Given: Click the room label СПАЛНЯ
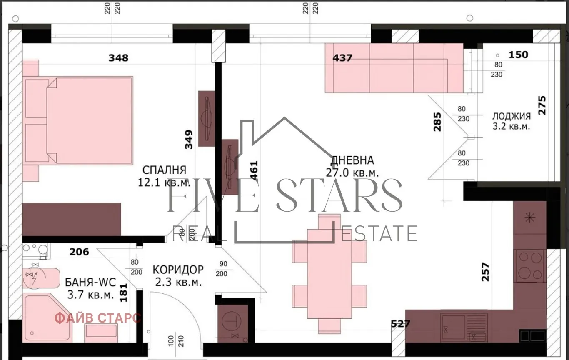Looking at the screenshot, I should (164, 170).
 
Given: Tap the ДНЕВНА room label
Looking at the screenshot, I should (352, 160).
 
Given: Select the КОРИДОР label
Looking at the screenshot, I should (178, 269).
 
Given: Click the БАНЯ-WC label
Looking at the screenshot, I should (90, 282).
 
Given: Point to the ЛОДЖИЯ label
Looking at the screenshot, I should (511, 116).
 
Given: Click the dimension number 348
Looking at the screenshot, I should (118, 58).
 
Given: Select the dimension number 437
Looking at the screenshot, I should (342, 58).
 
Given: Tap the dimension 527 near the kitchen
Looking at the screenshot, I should (401, 324).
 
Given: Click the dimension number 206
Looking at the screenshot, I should (79, 252).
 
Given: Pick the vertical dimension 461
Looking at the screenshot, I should (254, 170).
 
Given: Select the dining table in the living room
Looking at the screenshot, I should (329, 274).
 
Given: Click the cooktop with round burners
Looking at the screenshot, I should (530, 266).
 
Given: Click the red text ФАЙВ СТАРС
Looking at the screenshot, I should (98, 318).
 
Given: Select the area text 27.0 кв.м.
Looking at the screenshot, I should (352, 172).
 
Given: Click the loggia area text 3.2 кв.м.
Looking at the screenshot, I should (511, 127).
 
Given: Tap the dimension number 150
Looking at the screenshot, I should (519, 55).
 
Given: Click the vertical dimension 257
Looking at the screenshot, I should (485, 271).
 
